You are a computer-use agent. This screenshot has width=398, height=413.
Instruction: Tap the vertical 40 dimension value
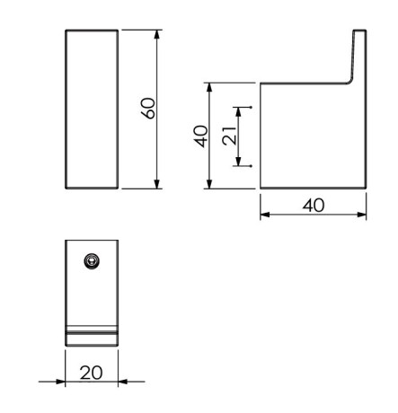tap(201, 136)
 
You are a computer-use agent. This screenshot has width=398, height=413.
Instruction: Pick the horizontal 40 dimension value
tap(313, 205)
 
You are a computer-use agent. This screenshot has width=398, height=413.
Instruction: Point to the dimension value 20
tap(92, 373)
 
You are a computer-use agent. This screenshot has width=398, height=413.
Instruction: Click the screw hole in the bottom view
tap(90, 260)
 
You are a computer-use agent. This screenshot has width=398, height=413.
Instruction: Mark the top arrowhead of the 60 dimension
tap(157, 34)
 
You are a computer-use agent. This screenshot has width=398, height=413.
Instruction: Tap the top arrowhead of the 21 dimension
tap(239, 111)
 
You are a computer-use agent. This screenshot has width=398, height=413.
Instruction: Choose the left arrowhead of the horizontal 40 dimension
tap(265, 215)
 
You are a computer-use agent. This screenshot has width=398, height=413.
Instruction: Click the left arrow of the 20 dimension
tap(60, 381)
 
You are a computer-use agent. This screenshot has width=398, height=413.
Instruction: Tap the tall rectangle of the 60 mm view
tap(92, 109)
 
